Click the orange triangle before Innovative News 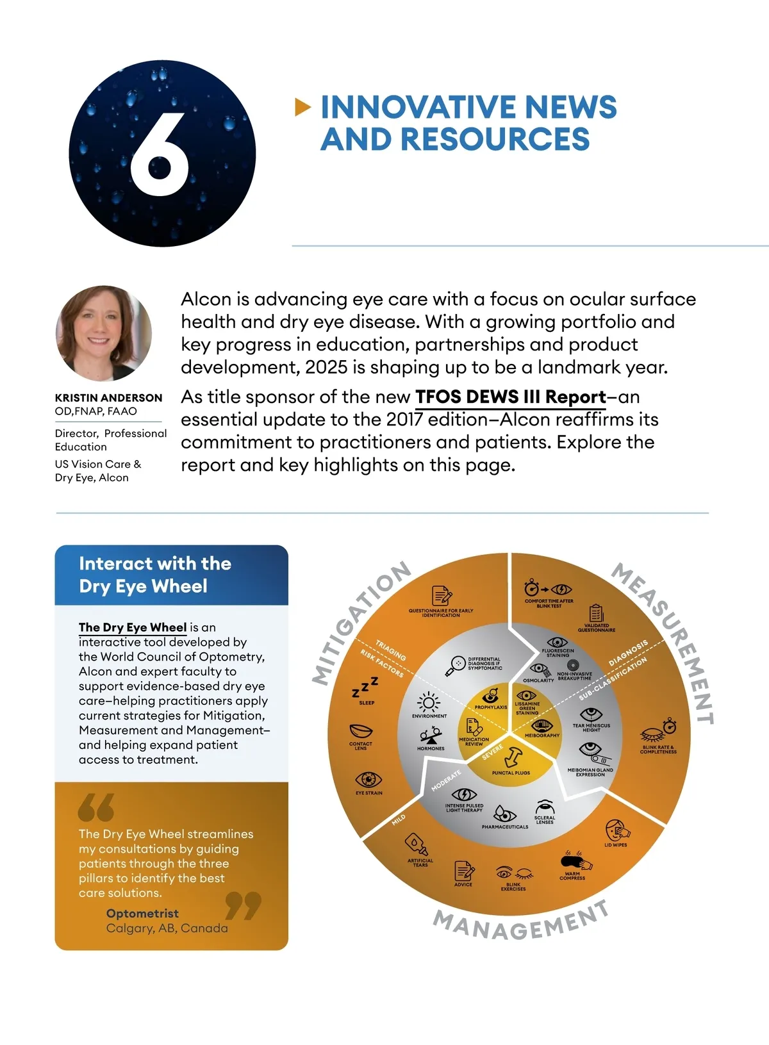coord(302,107)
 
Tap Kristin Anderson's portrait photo coord(104,333)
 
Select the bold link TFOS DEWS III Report coord(510,397)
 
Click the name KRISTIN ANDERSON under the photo coord(108,398)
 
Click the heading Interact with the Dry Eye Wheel coord(154,575)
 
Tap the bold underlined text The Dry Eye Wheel coord(133,627)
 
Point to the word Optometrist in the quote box coord(142,913)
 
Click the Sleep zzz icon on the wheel coord(365,688)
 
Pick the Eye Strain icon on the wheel coord(368,779)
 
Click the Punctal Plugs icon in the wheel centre coord(512,757)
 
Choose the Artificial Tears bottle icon coord(418,844)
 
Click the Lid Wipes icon coord(616,830)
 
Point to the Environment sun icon coord(429,702)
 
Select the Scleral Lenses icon coord(545,806)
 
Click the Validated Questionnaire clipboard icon coord(597,613)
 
